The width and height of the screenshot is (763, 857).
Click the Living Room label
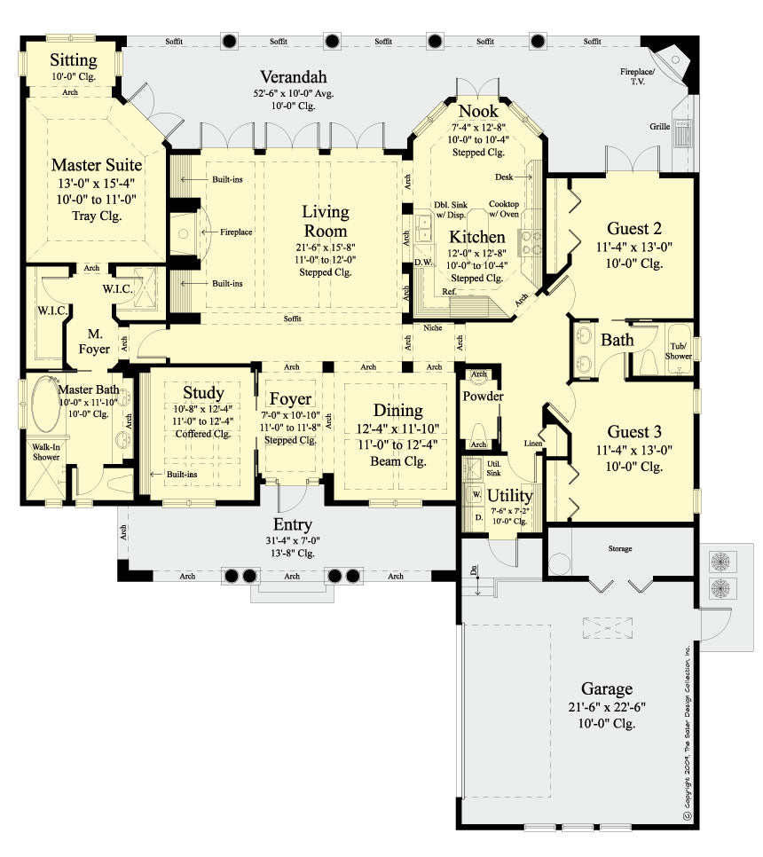point(326,222)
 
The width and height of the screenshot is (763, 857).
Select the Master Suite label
point(96,164)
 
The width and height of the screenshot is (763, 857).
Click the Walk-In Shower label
point(46,452)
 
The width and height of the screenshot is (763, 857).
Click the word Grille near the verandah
point(659,127)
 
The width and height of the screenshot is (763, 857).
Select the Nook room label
point(478,112)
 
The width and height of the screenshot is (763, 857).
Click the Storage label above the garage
point(620,549)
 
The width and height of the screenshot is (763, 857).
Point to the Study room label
point(203,392)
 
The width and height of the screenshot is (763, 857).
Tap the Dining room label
point(397,410)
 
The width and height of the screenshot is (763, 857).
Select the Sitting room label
point(73,61)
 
